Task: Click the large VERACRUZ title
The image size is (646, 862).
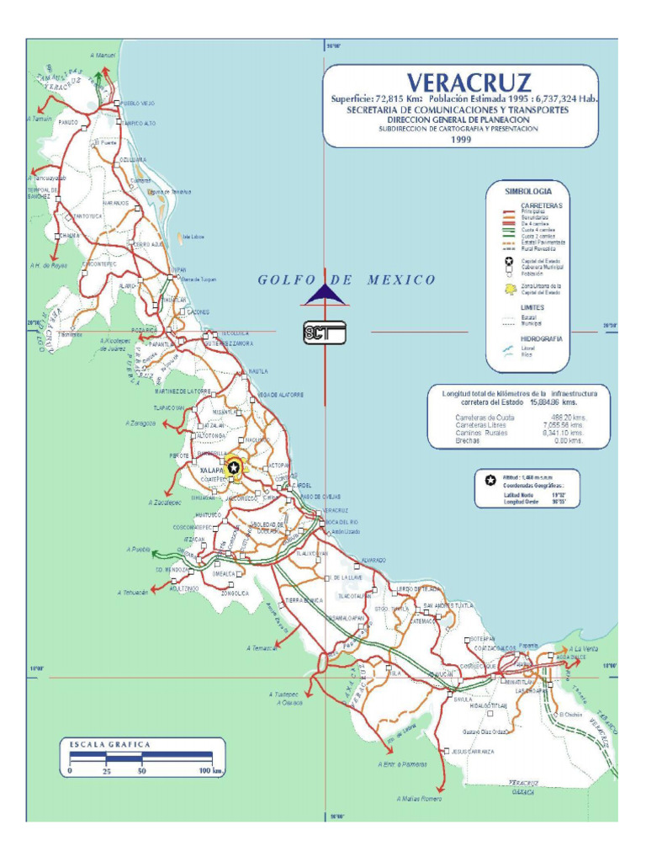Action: pyautogui.click(x=469, y=82)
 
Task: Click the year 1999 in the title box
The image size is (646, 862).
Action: pyautogui.click(x=460, y=140)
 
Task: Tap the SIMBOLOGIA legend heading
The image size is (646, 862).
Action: pyautogui.click(x=527, y=191)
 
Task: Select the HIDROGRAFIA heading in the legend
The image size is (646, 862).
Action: pyautogui.click(x=542, y=338)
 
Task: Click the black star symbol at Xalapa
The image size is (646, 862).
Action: pyautogui.click(x=234, y=467)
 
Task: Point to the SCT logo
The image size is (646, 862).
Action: pyautogui.click(x=325, y=334)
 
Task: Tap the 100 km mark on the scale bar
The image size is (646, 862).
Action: pyautogui.click(x=210, y=770)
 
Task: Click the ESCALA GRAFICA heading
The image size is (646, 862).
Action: pyautogui.click(x=109, y=744)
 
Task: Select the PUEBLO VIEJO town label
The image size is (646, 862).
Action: pyautogui.click(x=138, y=104)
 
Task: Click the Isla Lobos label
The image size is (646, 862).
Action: pyautogui.click(x=193, y=237)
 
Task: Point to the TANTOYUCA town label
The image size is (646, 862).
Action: pyautogui.click(x=88, y=216)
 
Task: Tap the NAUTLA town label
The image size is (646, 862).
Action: pyautogui.click(x=258, y=371)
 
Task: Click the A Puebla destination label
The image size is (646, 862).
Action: pyautogui.click(x=137, y=550)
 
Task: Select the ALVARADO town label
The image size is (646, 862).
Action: pyautogui.click(x=373, y=560)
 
